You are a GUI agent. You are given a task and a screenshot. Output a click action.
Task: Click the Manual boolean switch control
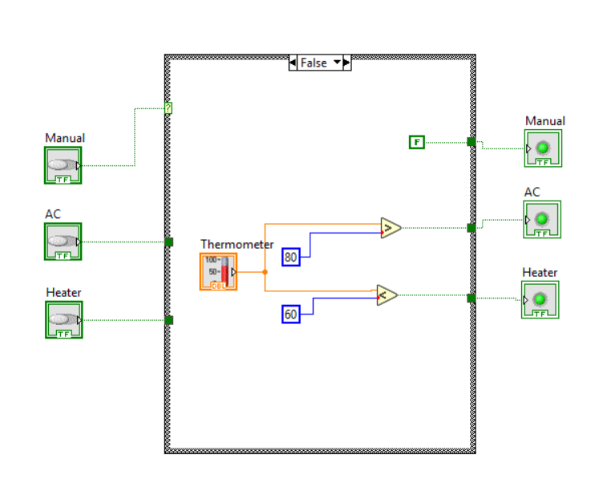63,165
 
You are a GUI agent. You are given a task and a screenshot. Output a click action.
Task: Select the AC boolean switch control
63,241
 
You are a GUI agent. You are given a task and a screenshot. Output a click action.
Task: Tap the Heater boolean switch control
64,320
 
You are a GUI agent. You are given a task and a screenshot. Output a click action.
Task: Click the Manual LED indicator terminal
543,148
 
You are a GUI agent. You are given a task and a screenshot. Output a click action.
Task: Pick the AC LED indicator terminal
542,219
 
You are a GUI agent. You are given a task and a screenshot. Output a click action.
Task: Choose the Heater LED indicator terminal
540,300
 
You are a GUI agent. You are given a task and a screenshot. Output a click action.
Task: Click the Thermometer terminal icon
219,272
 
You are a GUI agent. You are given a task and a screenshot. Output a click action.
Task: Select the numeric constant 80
291,257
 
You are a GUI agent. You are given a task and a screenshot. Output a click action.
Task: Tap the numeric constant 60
291,315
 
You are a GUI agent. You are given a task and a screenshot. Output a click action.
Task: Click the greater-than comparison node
391,228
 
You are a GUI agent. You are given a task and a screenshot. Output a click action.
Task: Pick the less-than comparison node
387,295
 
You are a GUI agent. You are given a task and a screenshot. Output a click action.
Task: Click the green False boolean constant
417,142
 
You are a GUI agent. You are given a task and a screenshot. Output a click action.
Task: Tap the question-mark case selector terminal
168,108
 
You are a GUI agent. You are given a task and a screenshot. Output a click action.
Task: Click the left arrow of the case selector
293,63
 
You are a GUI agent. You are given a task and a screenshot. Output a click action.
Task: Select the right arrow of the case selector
347,63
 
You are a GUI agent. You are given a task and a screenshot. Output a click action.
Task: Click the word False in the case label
314,63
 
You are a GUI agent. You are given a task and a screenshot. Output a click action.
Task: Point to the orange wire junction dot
265,272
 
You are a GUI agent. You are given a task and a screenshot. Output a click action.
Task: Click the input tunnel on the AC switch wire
169,242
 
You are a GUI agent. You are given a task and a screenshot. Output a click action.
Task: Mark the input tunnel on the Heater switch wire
169,320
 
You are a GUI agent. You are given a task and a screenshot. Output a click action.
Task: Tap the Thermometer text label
237,244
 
